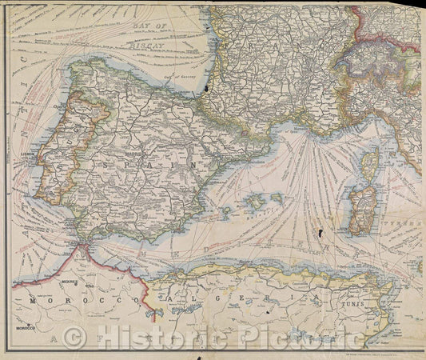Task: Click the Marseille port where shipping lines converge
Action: coord(301,130)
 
